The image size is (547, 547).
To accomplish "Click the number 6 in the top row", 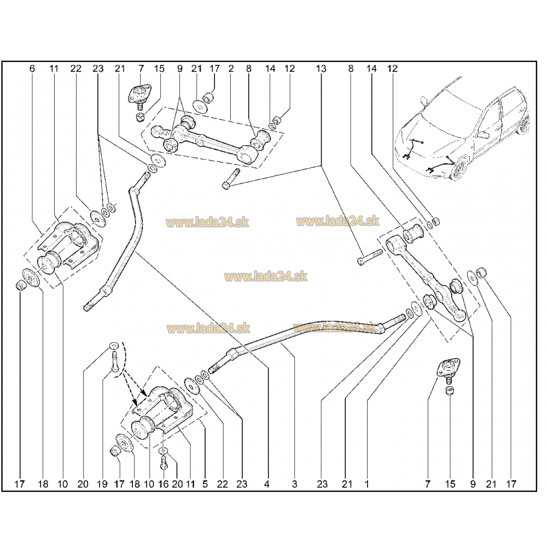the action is tap(32, 69).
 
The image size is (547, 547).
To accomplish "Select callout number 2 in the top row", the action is tap(231, 69).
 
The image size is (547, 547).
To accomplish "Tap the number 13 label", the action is tap(321, 69).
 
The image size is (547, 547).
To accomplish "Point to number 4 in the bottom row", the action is tap(267, 484).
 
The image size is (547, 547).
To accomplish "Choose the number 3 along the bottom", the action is tap(294, 484).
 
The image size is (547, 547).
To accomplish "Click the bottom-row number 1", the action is tap(366, 484).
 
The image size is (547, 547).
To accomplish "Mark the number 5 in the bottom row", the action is tap(205, 484).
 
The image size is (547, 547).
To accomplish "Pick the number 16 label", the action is tap(163, 484).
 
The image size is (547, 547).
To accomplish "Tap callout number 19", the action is tap(102, 484).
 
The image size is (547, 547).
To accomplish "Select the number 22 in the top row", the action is tap(75, 69).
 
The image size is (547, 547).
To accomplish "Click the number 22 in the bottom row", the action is tap(222, 484).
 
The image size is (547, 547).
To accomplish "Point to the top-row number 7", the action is tap(141, 69).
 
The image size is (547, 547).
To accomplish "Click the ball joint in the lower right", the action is tap(449, 370).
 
